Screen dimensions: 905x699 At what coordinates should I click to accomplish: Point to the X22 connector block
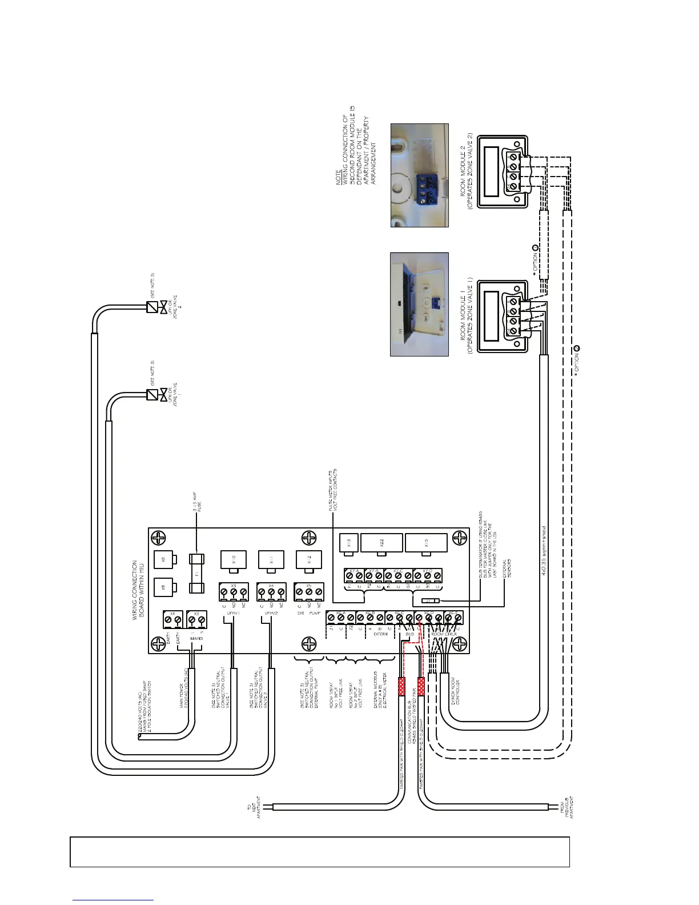coord(382,543)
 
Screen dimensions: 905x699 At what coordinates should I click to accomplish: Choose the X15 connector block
coord(426,543)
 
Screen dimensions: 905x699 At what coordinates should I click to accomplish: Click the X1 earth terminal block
coord(173,619)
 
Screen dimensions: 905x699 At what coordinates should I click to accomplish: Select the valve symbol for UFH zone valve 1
coord(152,395)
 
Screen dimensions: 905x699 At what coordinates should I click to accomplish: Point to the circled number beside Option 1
coord(535,248)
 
